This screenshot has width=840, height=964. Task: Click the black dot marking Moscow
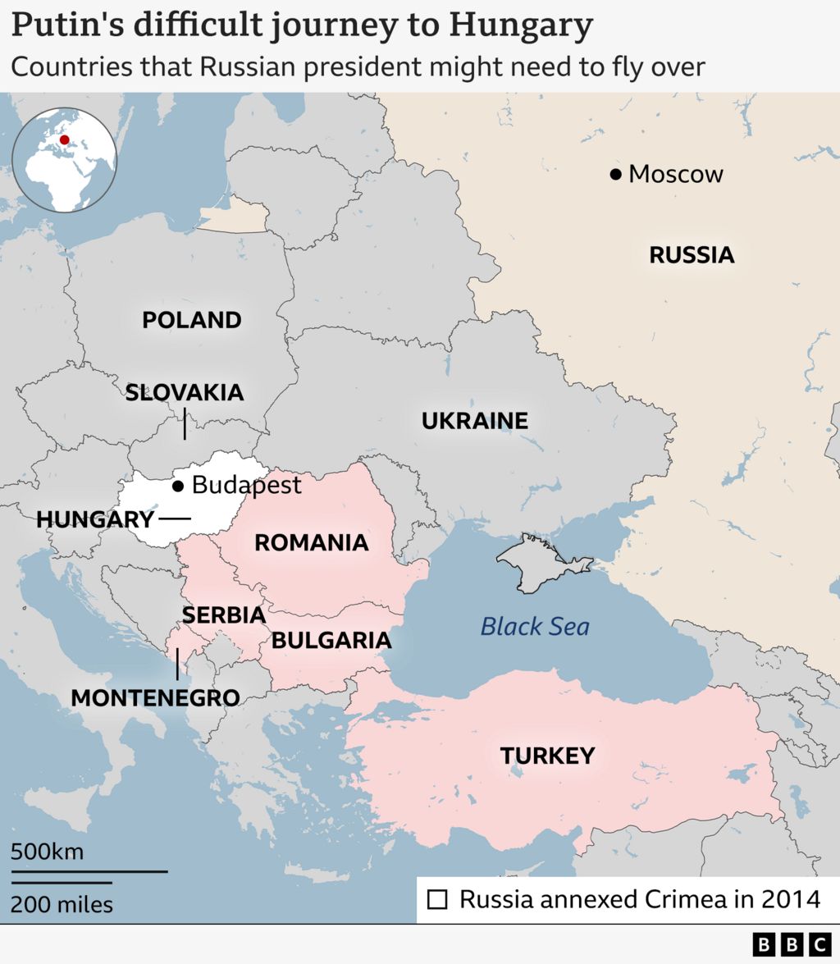tap(615, 174)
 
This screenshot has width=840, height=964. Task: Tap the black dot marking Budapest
tap(178, 487)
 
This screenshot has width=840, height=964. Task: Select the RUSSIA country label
tap(692, 255)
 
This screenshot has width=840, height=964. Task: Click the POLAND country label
tap(192, 320)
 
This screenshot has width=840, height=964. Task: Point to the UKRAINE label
tap(474, 422)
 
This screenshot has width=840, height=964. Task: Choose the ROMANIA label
tap(311, 542)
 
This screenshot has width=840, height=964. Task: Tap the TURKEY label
tap(547, 756)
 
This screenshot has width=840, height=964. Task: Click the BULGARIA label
tap(331, 640)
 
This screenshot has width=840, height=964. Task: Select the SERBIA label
tap(223, 614)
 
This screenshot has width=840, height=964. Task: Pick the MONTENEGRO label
tap(155, 698)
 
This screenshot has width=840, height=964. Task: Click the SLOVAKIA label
tap(185, 392)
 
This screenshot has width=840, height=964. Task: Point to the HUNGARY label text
tap(95, 519)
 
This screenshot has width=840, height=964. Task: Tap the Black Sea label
tap(535, 628)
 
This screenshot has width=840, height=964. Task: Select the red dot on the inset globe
tap(65, 139)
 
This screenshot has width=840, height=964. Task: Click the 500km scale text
tap(47, 852)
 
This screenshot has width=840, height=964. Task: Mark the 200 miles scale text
tap(62, 905)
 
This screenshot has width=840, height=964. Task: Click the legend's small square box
tap(438, 900)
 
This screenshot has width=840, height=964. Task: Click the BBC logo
tap(792, 944)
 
